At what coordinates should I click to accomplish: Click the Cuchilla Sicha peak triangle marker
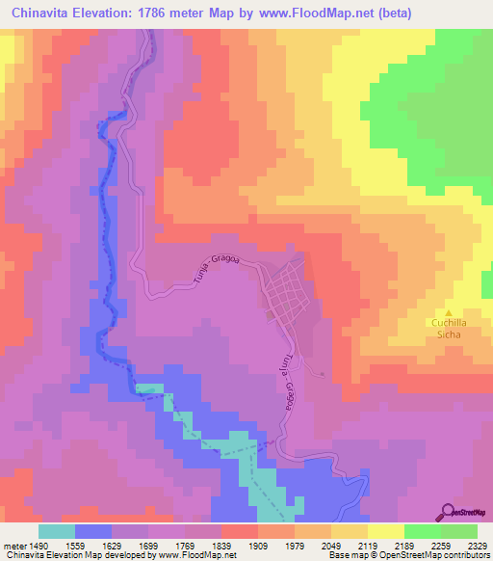click(x=449, y=311)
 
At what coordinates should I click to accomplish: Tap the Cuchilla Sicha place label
click(x=447, y=329)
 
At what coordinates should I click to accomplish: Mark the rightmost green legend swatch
click(x=459, y=531)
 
